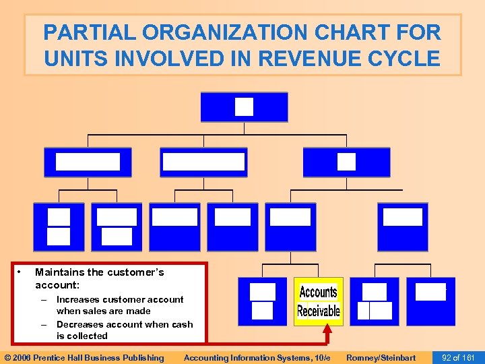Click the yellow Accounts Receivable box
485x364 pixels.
tap(318, 301)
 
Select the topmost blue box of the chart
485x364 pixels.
tap(244, 107)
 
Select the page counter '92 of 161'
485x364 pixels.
tap(458, 358)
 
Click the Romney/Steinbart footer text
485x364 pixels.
tap(381, 358)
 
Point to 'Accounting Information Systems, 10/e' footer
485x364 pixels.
tap(257, 358)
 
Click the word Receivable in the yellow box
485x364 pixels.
tap(319, 311)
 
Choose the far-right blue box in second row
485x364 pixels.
tap(346, 162)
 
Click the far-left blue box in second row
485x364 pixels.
tap(88, 162)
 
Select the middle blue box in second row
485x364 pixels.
tap(203, 162)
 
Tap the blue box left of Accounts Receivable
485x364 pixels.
tap(262, 301)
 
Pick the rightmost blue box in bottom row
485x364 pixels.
tap(430, 301)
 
